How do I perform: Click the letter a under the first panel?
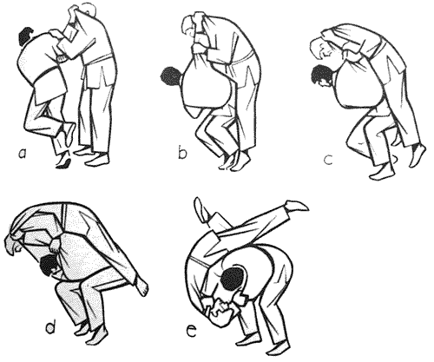[x=23, y=155]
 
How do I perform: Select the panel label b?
[x=182, y=153]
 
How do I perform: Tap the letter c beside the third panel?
[x=328, y=160]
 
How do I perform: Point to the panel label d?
[x=50, y=326]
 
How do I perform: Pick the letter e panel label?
[x=192, y=332]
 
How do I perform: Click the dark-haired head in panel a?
[x=27, y=36]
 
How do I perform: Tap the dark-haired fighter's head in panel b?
[x=171, y=77]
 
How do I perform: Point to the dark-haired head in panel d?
[x=49, y=265]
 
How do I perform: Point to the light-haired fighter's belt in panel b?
[x=243, y=57]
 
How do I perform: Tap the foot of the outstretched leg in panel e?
[x=297, y=206]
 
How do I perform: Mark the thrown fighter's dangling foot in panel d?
[x=141, y=286]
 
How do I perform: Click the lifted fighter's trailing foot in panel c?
[x=418, y=155]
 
